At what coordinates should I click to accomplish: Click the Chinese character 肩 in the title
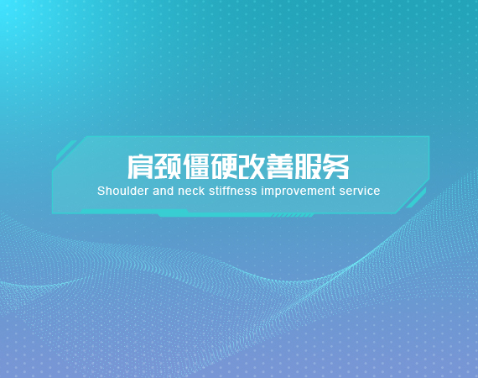click(140, 166)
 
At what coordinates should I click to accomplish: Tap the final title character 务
click(336, 166)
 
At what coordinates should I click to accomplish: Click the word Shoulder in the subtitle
click(122, 192)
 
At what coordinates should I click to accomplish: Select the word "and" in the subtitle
click(163, 192)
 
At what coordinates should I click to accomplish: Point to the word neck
click(191, 192)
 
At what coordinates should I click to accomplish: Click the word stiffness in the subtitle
click(233, 192)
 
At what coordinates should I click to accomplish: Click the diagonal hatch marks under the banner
click(293, 215)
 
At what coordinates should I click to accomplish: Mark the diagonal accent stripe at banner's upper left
click(66, 150)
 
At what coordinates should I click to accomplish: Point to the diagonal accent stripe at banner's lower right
click(416, 198)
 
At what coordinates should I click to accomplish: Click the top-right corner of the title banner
click(429, 136)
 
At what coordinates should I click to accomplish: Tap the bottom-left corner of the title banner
click(52, 213)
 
